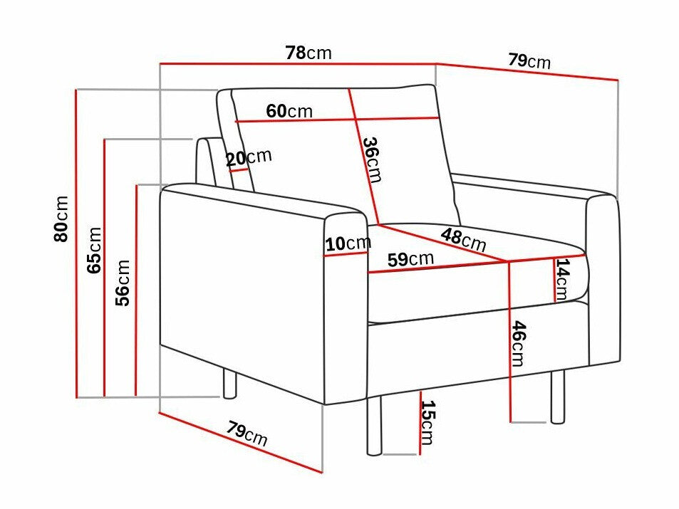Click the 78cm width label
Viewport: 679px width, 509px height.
(308, 53)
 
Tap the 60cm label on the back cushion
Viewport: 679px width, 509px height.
(289, 111)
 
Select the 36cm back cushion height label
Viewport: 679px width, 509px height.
(371, 159)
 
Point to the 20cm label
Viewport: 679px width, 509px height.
(249, 157)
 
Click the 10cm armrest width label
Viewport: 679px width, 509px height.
(348, 244)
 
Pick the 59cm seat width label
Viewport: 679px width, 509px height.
(410, 259)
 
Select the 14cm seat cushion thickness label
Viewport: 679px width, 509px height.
(563, 279)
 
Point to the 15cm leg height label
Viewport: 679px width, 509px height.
(427, 422)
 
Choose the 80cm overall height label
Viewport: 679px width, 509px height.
(62, 219)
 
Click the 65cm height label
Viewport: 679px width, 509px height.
(94, 249)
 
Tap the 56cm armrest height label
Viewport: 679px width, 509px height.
(123, 283)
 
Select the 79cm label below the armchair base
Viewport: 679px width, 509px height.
(247, 433)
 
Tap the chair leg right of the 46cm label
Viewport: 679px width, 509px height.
(556, 396)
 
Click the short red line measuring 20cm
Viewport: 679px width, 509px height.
(238, 171)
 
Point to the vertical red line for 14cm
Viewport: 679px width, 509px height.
(555, 280)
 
